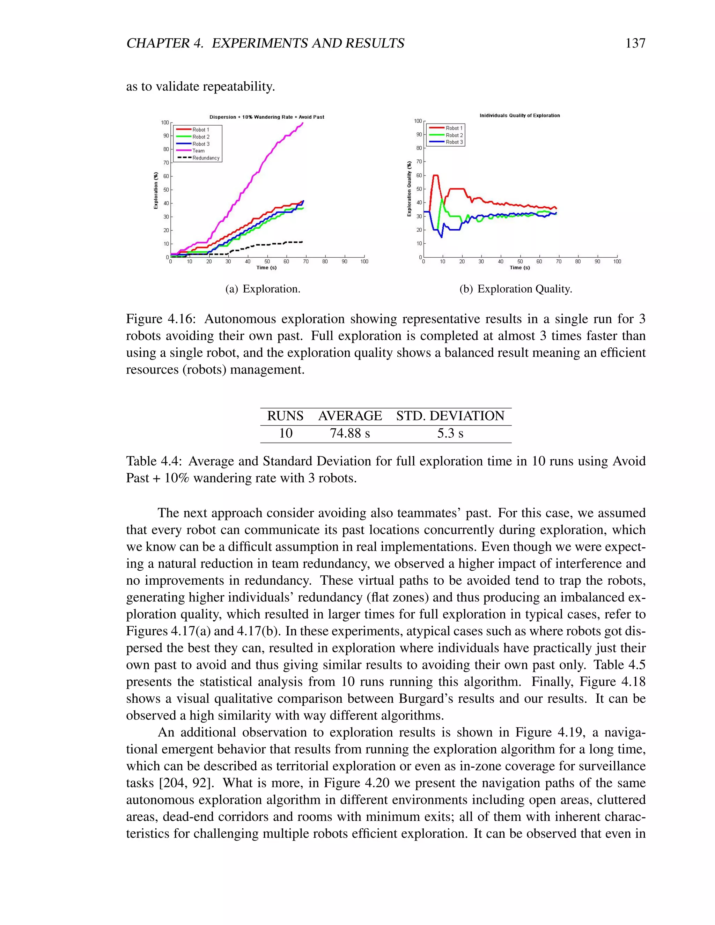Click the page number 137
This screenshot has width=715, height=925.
635,43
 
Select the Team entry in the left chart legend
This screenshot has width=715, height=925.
198,151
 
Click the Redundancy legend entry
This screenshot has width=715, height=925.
206,158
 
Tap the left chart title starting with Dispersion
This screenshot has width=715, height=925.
267,117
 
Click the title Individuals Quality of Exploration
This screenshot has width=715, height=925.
520,115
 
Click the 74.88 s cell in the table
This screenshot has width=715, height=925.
350,433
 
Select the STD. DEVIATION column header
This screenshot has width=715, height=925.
450,416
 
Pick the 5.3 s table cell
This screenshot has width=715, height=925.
450,433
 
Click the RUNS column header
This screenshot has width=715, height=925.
285,416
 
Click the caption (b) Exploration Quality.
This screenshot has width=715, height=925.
516,289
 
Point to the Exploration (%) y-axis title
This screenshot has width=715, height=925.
155,190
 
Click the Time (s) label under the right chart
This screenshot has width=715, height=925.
520,268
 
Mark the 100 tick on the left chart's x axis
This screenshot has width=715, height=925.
364,262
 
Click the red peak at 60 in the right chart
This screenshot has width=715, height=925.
435,175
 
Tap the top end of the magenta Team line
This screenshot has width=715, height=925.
303,123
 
